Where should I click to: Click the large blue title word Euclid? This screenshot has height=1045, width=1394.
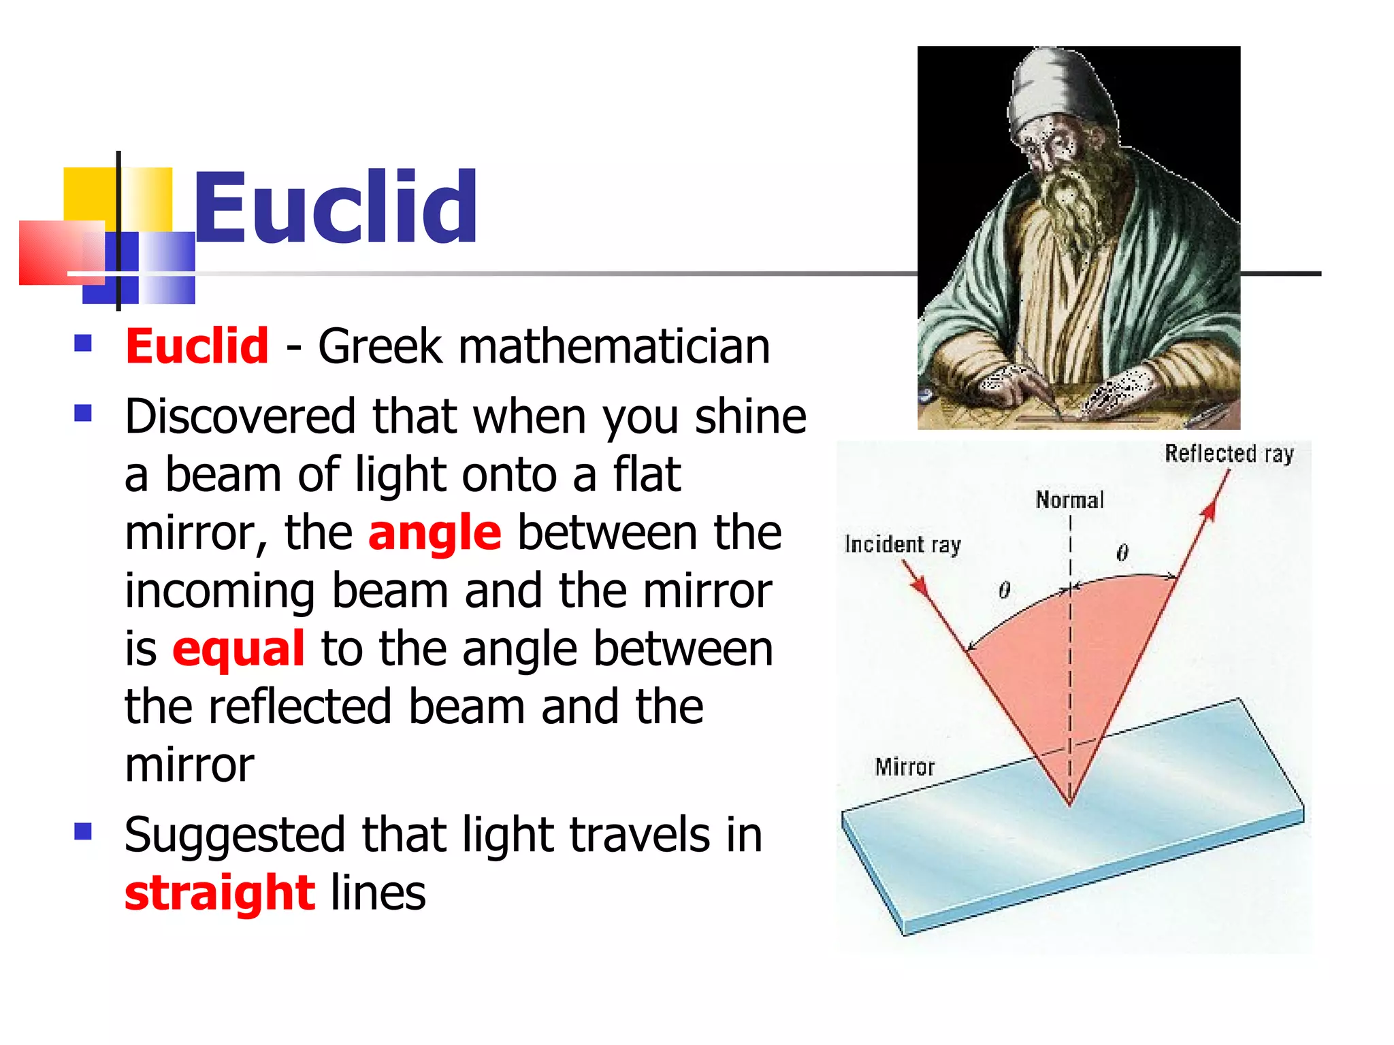pyautogui.click(x=335, y=208)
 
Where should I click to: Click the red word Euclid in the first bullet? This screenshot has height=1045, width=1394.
pyautogui.click(x=197, y=346)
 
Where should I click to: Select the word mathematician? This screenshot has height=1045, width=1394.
pyautogui.click(x=614, y=346)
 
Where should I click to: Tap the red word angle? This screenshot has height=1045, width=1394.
pyautogui.click(x=434, y=533)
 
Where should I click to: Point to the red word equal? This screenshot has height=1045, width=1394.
pyautogui.click(x=238, y=649)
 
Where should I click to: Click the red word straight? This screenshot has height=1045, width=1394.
pyautogui.click(x=219, y=893)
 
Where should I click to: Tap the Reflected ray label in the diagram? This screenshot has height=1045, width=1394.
pyautogui.click(x=1229, y=453)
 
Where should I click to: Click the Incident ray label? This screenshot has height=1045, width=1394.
pyautogui.click(x=902, y=544)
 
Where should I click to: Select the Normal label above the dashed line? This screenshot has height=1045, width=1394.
pyautogui.click(x=1069, y=500)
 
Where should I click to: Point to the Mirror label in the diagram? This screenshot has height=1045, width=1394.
pyautogui.click(x=905, y=767)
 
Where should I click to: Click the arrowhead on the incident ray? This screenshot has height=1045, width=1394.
pyautogui.click(x=920, y=585)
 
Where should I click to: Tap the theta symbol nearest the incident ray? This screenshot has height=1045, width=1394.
pyautogui.click(x=1005, y=590)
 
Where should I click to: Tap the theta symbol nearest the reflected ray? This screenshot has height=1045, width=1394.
pyautogui.click(x=1122, y=552)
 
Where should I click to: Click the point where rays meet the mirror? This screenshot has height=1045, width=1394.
pyautogui.click(x=1070, y=805)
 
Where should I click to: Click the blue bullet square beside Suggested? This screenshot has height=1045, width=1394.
pyautogui.click(x=83, y=831)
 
